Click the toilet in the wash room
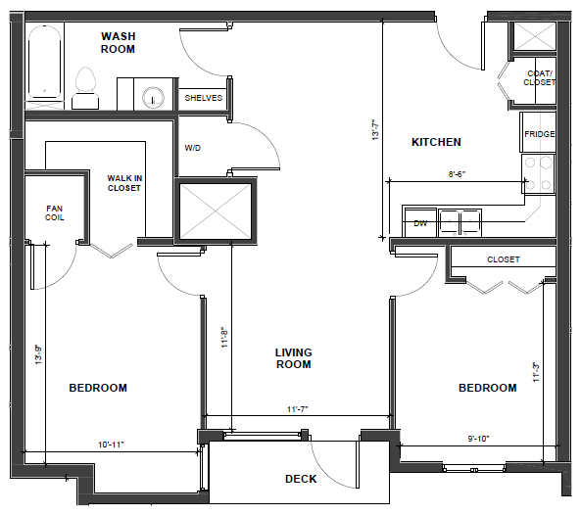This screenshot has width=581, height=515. pos(85,88)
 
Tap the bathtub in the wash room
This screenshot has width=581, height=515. pos(45,62)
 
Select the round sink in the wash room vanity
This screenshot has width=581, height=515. pos(153,97)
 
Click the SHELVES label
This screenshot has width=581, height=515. pos(204,98)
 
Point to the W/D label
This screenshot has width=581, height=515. pos(193,148)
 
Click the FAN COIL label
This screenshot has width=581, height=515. pos(55,212)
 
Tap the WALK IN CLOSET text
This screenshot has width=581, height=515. pos(124,183)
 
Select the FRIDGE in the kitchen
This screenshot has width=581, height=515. pos(540,134)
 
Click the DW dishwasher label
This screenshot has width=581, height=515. pos(420,223)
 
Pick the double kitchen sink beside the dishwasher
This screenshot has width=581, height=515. pos(460,222)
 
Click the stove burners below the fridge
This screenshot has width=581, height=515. pos(539,173)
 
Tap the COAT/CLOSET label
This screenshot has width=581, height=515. pos(540,78)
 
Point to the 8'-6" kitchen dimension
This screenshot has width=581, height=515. pos(457,174)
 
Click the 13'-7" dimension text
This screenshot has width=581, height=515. pos(375,129)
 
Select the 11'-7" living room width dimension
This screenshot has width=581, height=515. pos(298,409)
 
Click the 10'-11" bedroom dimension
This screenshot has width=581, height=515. pos(111,445)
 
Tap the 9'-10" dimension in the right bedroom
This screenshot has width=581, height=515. pos(478,439)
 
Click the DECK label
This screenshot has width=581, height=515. pos(301,479)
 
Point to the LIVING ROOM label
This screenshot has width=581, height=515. pos(294,358)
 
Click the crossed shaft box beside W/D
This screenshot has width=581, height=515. pos(216,211)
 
